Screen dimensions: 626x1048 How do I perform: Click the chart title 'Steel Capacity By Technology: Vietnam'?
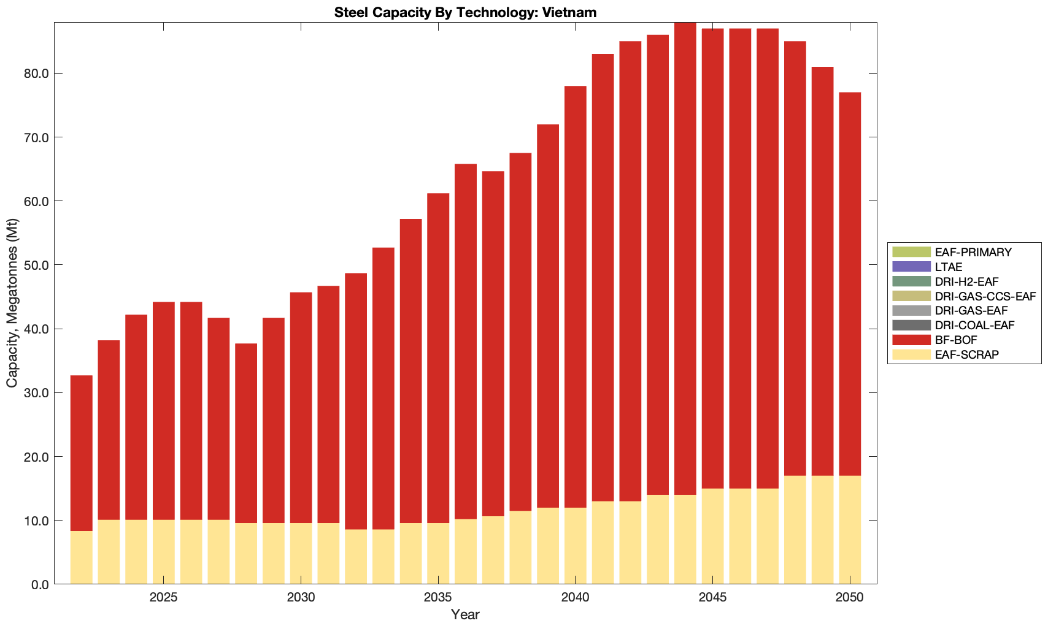[x=465, y=12]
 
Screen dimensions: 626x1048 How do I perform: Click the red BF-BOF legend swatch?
[x=912, y=340]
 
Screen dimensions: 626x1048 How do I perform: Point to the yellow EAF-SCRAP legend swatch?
[x=912, y=354]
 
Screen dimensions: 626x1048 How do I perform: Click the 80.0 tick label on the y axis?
[x=36, y=74]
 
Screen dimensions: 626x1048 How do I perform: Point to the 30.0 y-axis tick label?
[x=36, y=393]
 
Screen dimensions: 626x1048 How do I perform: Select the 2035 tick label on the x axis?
[x=437, y=598]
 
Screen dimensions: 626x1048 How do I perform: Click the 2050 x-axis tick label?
[x=850, y=598]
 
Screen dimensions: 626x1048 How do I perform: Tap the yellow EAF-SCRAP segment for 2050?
[x=850, y=530]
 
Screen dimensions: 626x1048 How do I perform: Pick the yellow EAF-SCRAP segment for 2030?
[x=301, y=553]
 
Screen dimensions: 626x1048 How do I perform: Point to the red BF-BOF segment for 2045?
[x=712, y=258]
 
